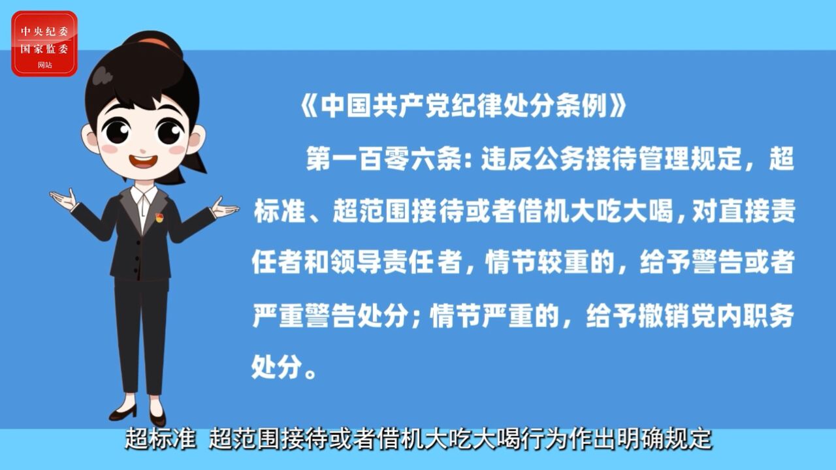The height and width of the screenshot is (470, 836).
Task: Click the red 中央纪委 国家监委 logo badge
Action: pyautogui.click(x=44, y=44)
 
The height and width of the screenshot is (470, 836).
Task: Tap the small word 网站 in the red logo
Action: pyautogui.click(x=45, y=65)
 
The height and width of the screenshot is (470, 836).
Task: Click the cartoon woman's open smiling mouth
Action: pyautogui.click(x=143, y=161)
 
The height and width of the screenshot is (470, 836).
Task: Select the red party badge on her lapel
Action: pyautogui.click(x=159, y=218)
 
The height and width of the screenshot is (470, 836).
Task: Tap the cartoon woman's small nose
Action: pyautogui.click(x=142, y=151)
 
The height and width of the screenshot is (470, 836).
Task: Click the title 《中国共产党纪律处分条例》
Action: pyautogui.click(x=463, y=106)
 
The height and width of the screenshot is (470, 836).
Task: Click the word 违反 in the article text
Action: pyautogui.click(x=506, y=159)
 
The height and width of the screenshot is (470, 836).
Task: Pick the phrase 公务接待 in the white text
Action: pyautogui.click(x=585, y=159)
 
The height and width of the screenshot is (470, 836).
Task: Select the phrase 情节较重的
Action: pyautogui.click(x=550, y=263)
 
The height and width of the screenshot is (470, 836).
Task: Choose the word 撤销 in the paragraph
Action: pyautogui.click(x=664, y=316)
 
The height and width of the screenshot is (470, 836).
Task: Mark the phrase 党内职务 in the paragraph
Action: pyautogui.click(x=742, y=316)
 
